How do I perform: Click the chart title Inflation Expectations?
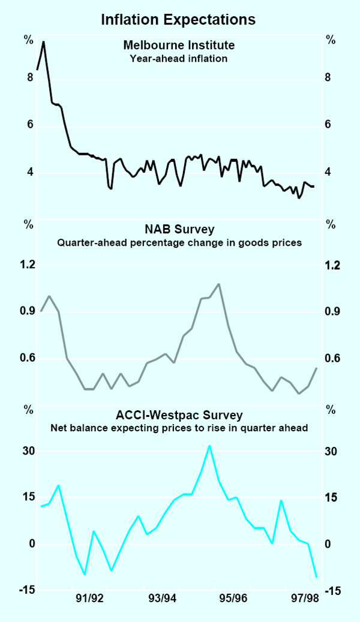coord(178,19)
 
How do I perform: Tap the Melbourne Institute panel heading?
coord(178,44)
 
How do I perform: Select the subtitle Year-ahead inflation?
coord(178,58)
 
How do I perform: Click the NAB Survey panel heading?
coord(179,229)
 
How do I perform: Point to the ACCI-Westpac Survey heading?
coord(179,415)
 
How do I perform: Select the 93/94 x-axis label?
coord(162,598)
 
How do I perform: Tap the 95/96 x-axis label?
coord(233,598)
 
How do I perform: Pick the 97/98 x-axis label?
coord(304,598)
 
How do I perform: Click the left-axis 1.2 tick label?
coord(28,265)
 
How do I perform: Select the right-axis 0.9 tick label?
coord(332,312)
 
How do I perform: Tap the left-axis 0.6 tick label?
coord(28,359)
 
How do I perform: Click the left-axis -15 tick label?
coord(26,591)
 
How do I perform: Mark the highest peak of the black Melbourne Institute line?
coord(43,42)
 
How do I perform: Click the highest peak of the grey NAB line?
coord(218,284)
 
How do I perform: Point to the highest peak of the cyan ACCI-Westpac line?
coord(209,446)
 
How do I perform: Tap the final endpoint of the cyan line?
coord(316,577)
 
